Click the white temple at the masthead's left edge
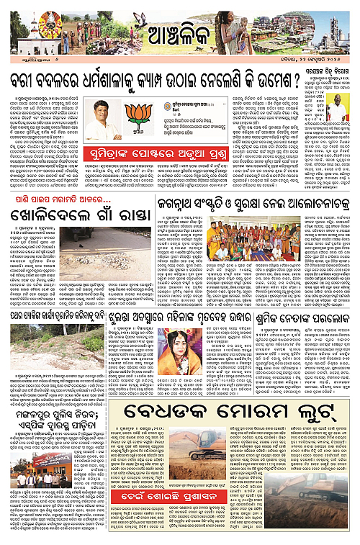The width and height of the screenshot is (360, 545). click(x=16, y=32)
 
